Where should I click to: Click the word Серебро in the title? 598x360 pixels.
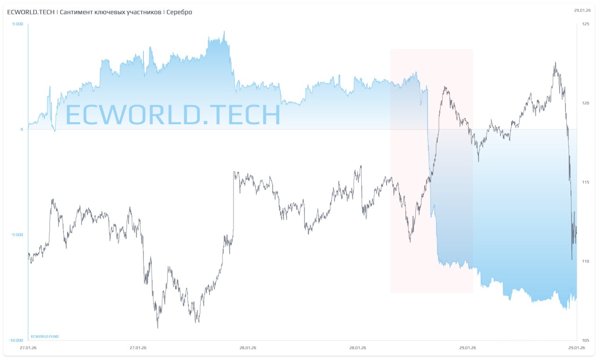pyautogui.click(x=179, y=12)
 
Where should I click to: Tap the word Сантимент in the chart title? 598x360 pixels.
pyautogui.click(x=77, y=12)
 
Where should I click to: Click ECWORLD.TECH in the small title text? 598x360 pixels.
pyautogui.click(x=31, y=12)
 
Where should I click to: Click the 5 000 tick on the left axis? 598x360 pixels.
pyautogui.click(x=17, y=24)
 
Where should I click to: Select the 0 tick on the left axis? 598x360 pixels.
pyautogui.click(x=21, y=129)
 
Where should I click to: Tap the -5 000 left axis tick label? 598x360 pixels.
pyautogui.click(x=17, y=235)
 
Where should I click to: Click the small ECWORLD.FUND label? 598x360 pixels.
pyautogui.click(x=45, y=336)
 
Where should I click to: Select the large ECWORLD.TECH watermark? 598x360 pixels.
pyautogui.click(x=172, y=114)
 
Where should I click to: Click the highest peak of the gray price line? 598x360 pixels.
pyautogui.click(x=555, y=63)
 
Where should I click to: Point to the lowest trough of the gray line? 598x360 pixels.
pyautogui.click(x=157, y=327)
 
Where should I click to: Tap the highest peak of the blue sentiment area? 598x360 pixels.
pyautogui.click(x=224, y=32)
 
